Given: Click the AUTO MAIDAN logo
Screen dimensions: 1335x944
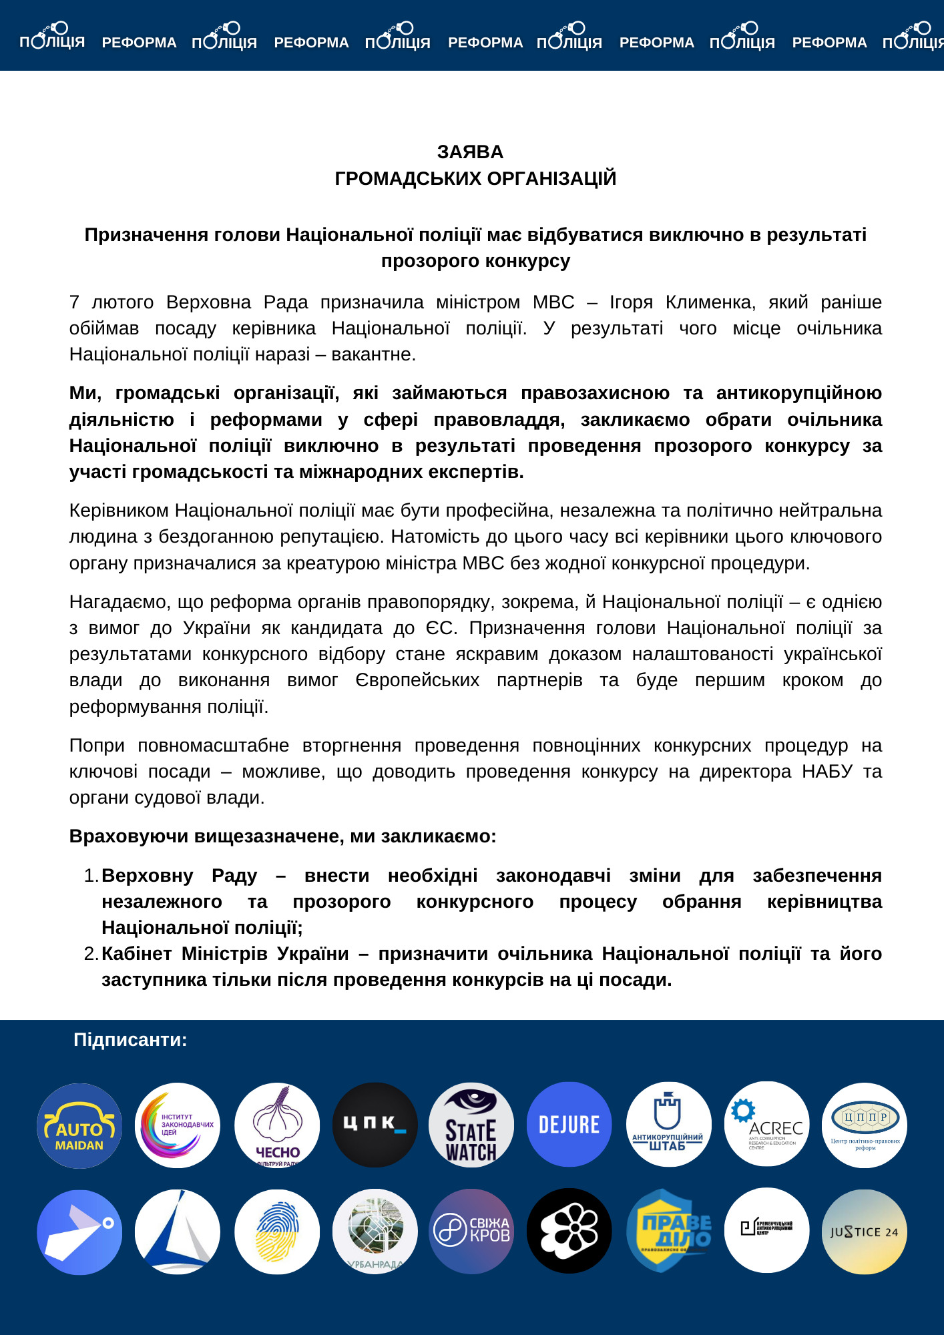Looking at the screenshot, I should [x=79, y=1125].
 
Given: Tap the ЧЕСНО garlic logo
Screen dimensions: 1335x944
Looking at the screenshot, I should [x=277, y=1125].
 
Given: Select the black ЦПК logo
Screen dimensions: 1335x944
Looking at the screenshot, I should [x=375, y=1125].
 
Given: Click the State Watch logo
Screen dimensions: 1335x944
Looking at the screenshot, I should [x=471, y=1125].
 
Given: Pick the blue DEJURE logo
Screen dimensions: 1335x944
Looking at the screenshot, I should [x=569, y=1125].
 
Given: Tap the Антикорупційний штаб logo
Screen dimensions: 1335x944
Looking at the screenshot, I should [x=668, y=1125].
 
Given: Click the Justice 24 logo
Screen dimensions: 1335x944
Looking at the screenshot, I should [x=865, y=1232].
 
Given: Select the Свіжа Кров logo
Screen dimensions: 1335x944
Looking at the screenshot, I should [x=471, y=1231].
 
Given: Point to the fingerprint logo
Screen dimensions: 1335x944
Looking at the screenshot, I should [x=277, y=1232].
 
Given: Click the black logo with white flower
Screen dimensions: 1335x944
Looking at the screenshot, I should [x=569, y=1231].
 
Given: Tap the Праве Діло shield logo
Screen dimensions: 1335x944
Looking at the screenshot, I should [x=668, y=1231].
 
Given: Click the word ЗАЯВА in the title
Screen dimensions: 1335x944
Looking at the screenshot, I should [x=470, y=152].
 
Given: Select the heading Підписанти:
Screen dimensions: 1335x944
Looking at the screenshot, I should [x=130, y=1040].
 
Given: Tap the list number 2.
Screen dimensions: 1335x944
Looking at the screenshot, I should [x=91, y=954].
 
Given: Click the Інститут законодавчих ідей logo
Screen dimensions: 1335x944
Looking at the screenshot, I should [x=178, y=1125].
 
